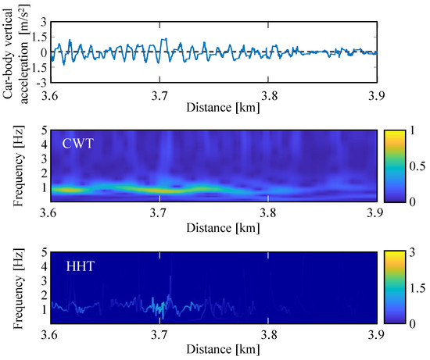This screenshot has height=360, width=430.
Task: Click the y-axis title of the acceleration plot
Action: (x=16, y=52)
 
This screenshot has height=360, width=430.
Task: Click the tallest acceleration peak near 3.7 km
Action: (x=163, y=39)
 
